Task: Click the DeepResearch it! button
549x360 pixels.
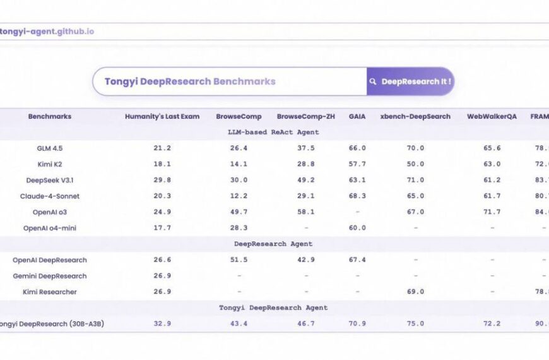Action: (x=410, y=81)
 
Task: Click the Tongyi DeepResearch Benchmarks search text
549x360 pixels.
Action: (x=190, y=81)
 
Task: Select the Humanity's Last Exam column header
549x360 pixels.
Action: (x=162, y=116)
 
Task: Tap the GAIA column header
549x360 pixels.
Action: (x=357, y=116)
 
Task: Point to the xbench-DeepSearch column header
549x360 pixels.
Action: (x=415, y=116)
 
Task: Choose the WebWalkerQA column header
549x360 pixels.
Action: (x=492, y=116)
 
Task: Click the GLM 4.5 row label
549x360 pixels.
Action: (x=50, y=148)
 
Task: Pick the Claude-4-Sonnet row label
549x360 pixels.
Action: (x=50, y=196)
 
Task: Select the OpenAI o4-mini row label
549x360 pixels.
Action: (x=50, y=228)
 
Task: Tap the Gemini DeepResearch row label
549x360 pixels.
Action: (x=50, y=276)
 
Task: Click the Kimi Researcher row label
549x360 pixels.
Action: (x=50, y=292)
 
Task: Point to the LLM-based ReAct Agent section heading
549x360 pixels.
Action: (x=273, y=132)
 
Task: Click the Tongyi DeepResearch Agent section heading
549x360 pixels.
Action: (x=273, y=308)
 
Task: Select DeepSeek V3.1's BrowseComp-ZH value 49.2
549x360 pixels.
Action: (x=306, y=180)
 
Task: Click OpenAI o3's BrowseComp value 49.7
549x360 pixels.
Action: (x=239, y=212)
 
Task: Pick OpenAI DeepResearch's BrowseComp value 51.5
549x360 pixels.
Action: (x=239, y=260)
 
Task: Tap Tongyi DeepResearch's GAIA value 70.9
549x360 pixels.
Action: (x=357, y=323)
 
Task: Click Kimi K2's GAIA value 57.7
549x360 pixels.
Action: (x=357, y=164)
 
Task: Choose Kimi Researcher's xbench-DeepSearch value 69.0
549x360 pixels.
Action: (x=415, y=292)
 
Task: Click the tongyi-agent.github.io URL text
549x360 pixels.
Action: (x=47, y=31)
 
